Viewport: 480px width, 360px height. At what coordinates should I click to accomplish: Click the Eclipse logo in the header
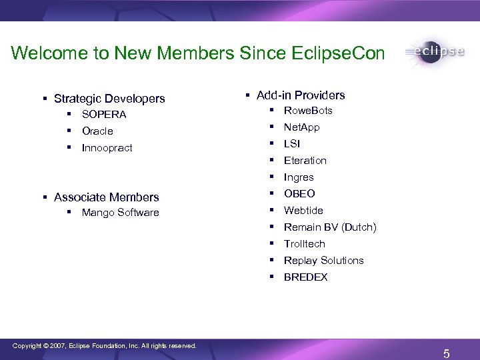433,52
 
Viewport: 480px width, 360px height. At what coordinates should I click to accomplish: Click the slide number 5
446,353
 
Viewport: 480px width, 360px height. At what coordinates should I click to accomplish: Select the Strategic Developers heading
109,99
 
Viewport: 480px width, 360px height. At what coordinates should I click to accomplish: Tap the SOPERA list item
104,115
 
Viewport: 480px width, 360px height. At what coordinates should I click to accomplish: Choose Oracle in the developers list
97,131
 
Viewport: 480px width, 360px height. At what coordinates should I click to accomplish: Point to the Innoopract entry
107,148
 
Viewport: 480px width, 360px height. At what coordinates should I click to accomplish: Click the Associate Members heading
107,197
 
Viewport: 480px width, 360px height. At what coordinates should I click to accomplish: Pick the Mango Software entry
120,213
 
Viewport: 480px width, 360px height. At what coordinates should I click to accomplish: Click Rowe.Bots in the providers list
308,111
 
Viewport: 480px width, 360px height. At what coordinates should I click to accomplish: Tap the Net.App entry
301,127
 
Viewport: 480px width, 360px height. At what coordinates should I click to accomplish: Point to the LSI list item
292,144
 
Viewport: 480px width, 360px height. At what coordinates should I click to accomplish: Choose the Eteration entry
305,161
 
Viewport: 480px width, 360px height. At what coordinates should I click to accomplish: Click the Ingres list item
299,177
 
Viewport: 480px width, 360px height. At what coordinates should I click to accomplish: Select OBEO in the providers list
299,194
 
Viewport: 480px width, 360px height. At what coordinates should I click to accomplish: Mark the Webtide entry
303,211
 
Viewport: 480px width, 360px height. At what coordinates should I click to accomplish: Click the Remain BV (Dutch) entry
330,227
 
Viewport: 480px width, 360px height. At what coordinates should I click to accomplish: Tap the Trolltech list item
304,244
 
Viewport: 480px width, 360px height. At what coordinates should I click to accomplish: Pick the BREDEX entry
305,277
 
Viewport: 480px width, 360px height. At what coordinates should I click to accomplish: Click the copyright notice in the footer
105,346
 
